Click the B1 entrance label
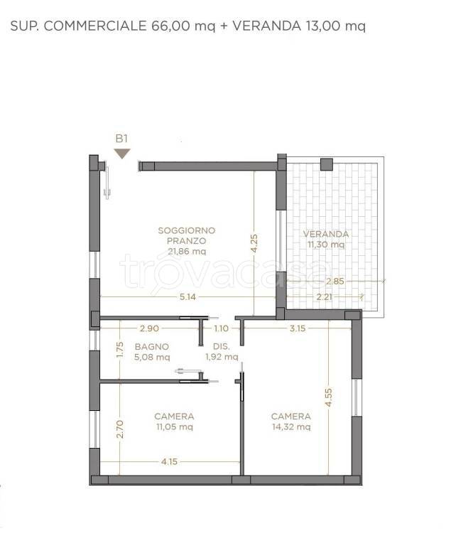(121, 139)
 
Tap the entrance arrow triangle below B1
(121, 154)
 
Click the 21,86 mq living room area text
(187, 252)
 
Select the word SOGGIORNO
(187, 230)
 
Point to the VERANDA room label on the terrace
(326, 234)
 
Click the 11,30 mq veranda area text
(326, 245)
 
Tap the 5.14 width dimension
(188, 296)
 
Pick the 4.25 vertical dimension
(254, 243)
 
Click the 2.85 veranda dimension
(335, 281)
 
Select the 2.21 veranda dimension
(324, 296)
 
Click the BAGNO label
(152, 347)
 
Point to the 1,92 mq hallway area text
(222, 357)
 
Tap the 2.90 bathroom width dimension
(149, 328)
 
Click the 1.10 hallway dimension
(222, 328)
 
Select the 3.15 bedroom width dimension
(298, 328)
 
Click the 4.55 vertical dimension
(329, 397)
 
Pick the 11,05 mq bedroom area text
(174, 427)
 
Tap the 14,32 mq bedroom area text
(291, 427)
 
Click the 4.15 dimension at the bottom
(169, 461)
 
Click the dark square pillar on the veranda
(327, 164)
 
